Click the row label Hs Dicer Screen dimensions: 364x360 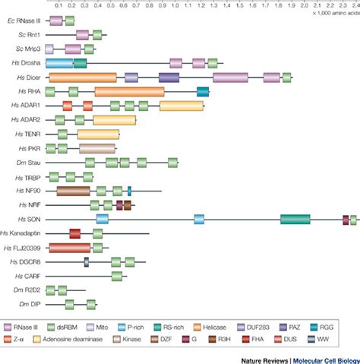26,78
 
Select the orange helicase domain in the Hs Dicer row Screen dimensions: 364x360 82,78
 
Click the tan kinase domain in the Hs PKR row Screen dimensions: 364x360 97,148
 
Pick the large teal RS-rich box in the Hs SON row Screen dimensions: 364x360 295,219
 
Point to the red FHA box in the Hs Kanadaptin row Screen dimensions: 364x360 75,233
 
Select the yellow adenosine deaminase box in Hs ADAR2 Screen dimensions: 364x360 114,120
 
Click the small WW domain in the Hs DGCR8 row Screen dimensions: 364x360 87,261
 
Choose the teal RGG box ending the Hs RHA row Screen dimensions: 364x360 203,92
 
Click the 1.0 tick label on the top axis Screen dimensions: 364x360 176,4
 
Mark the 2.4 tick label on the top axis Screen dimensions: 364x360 354,4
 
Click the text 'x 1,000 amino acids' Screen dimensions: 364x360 335,13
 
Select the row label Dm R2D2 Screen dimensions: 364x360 26,290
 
